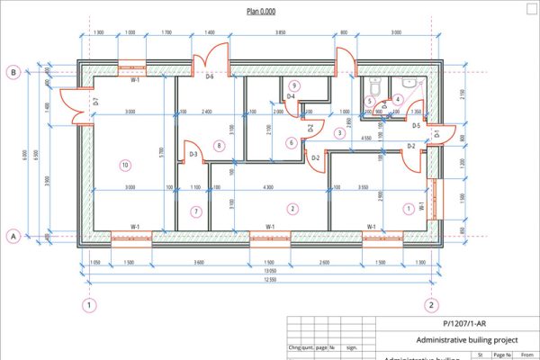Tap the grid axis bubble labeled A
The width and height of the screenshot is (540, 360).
(x=13, y=236)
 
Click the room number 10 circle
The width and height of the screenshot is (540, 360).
(x=125, y=165)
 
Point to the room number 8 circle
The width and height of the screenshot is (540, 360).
(x=218, y=145)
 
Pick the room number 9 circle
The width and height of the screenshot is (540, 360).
(x=294, y=85)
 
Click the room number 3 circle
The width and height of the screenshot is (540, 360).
(x=339, y=133)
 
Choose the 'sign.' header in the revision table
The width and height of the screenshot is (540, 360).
(x=352, y=346)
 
